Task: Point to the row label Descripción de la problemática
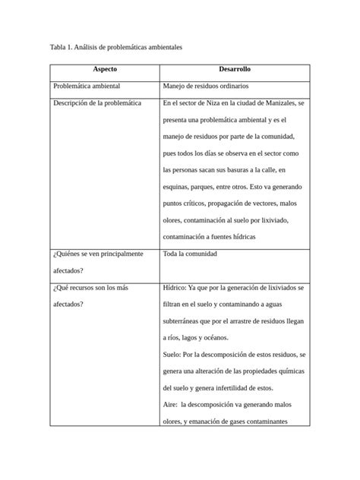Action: click(x=96, y=103)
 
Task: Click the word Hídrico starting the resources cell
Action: click(x=177, y=288)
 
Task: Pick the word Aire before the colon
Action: click(x=170, y=404)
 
